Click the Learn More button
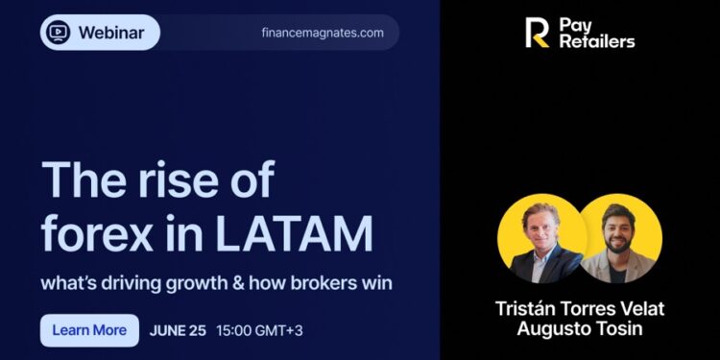pos(89,330)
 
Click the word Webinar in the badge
pos(111,33)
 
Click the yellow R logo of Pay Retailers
pos(538,33)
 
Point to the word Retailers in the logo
pos(597,41)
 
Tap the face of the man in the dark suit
pos(539,228)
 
